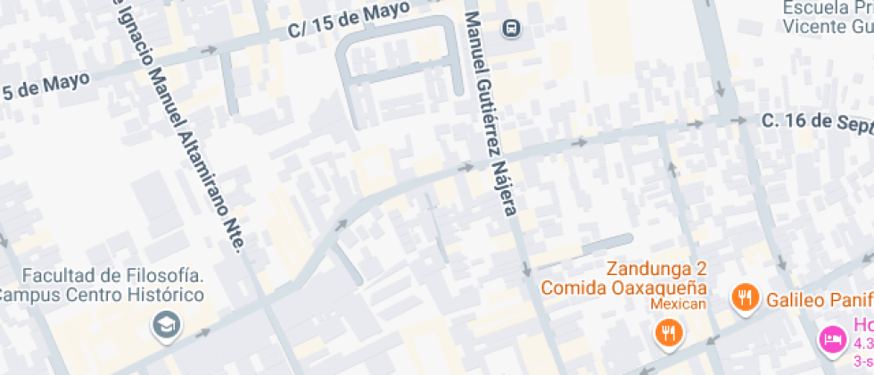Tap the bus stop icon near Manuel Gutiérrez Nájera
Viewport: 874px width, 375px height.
click(x=512, y=27)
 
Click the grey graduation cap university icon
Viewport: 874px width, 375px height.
click(x=165, y=325)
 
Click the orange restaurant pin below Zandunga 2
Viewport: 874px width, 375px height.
click(x=666, y=333)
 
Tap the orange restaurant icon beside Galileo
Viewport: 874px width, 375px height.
click(x=744, y=297)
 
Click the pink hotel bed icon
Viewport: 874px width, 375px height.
click(x=831, y=339)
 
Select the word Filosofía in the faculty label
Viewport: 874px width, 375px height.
click(x=163, y=274)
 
